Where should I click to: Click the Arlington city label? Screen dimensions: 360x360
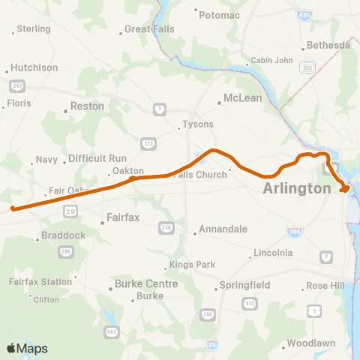[x=297, y=189]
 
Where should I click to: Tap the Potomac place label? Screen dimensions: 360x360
[x=218, y=13]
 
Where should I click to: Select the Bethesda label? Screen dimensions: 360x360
[x=328, y=45]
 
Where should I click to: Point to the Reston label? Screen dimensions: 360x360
[x=87, y=106]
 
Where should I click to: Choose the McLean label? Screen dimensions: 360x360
[x=244, y=98]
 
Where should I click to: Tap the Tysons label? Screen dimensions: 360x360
[x=199, y=124]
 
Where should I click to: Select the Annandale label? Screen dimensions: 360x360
[x=223, y=229]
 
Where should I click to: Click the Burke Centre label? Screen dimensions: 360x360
[x=146, y=284]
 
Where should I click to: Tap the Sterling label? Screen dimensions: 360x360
[x=33, y=29]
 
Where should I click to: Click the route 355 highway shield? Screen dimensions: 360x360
[x=307, y=68]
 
